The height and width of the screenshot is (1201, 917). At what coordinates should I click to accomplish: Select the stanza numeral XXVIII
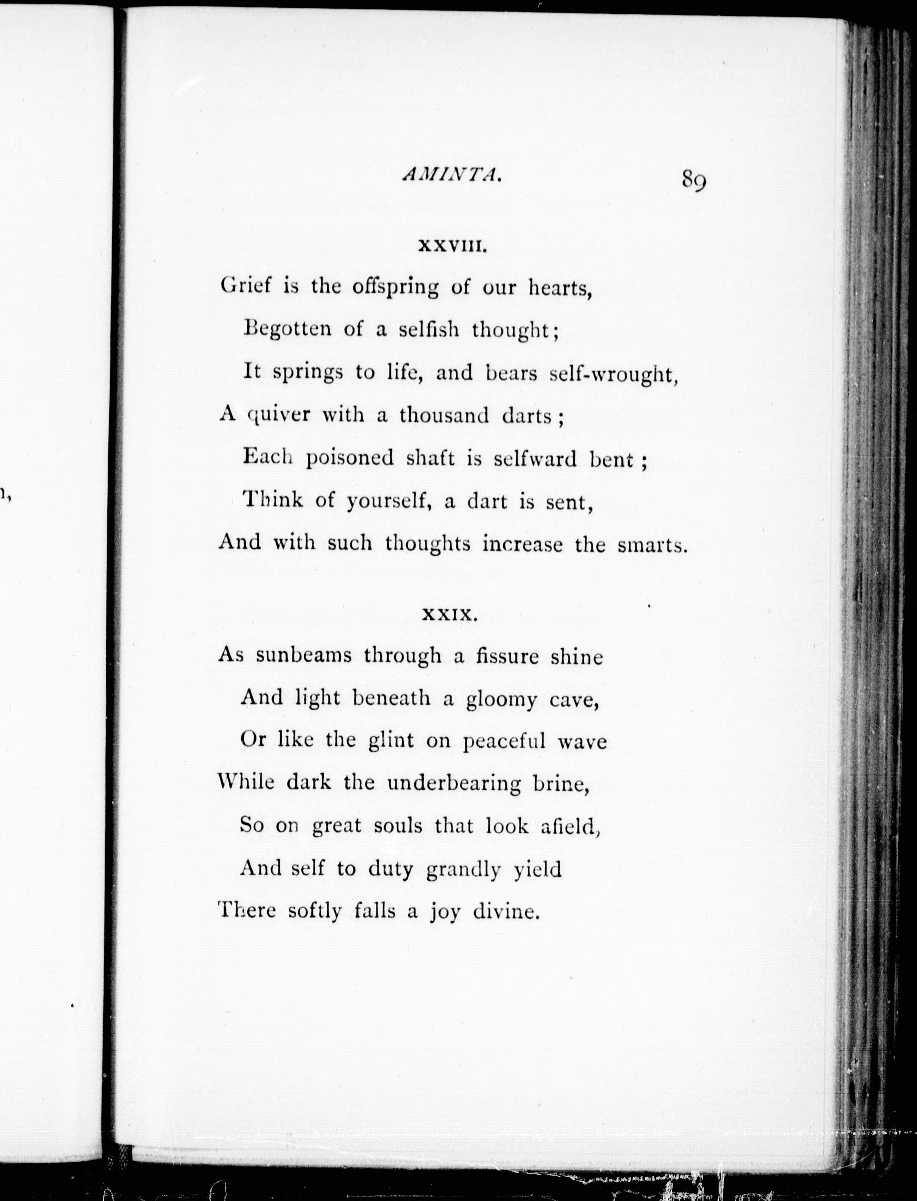[x=451, y=247]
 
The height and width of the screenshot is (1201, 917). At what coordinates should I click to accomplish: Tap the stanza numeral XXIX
[x=451, y=616]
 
